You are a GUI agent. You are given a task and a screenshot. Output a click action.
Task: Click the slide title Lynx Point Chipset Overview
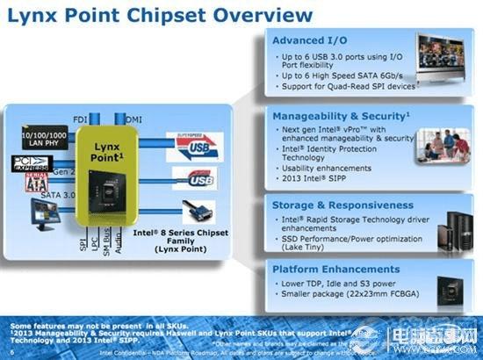click(158, 16)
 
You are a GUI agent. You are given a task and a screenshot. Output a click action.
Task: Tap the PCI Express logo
click(32, 163)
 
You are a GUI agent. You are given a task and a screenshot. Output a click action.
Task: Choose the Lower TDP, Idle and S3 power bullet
click(338, 284)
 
